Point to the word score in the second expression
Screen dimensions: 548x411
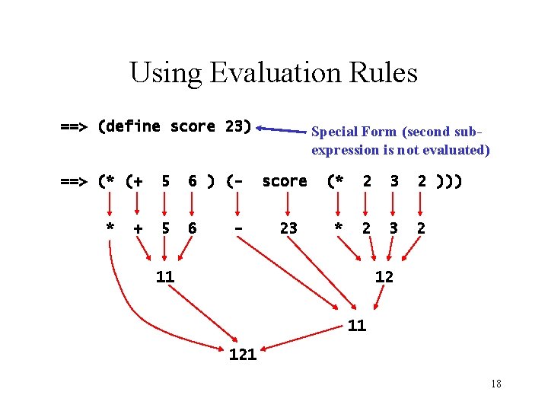(285, 181)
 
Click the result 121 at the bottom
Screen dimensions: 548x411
(243, 354)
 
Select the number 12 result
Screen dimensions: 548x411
(384, 277)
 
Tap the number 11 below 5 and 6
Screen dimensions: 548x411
(165, 277)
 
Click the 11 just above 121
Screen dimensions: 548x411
(357, 326)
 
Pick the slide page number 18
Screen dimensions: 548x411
(495, 384)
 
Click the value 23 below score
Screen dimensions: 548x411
(288, 228)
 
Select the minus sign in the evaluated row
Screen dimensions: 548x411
(238, 228)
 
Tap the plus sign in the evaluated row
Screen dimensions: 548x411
(138, 228)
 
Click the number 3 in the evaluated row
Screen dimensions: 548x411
(394, 228)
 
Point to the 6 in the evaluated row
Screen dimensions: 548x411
(193, 228)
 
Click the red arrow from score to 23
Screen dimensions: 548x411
(288, 205)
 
